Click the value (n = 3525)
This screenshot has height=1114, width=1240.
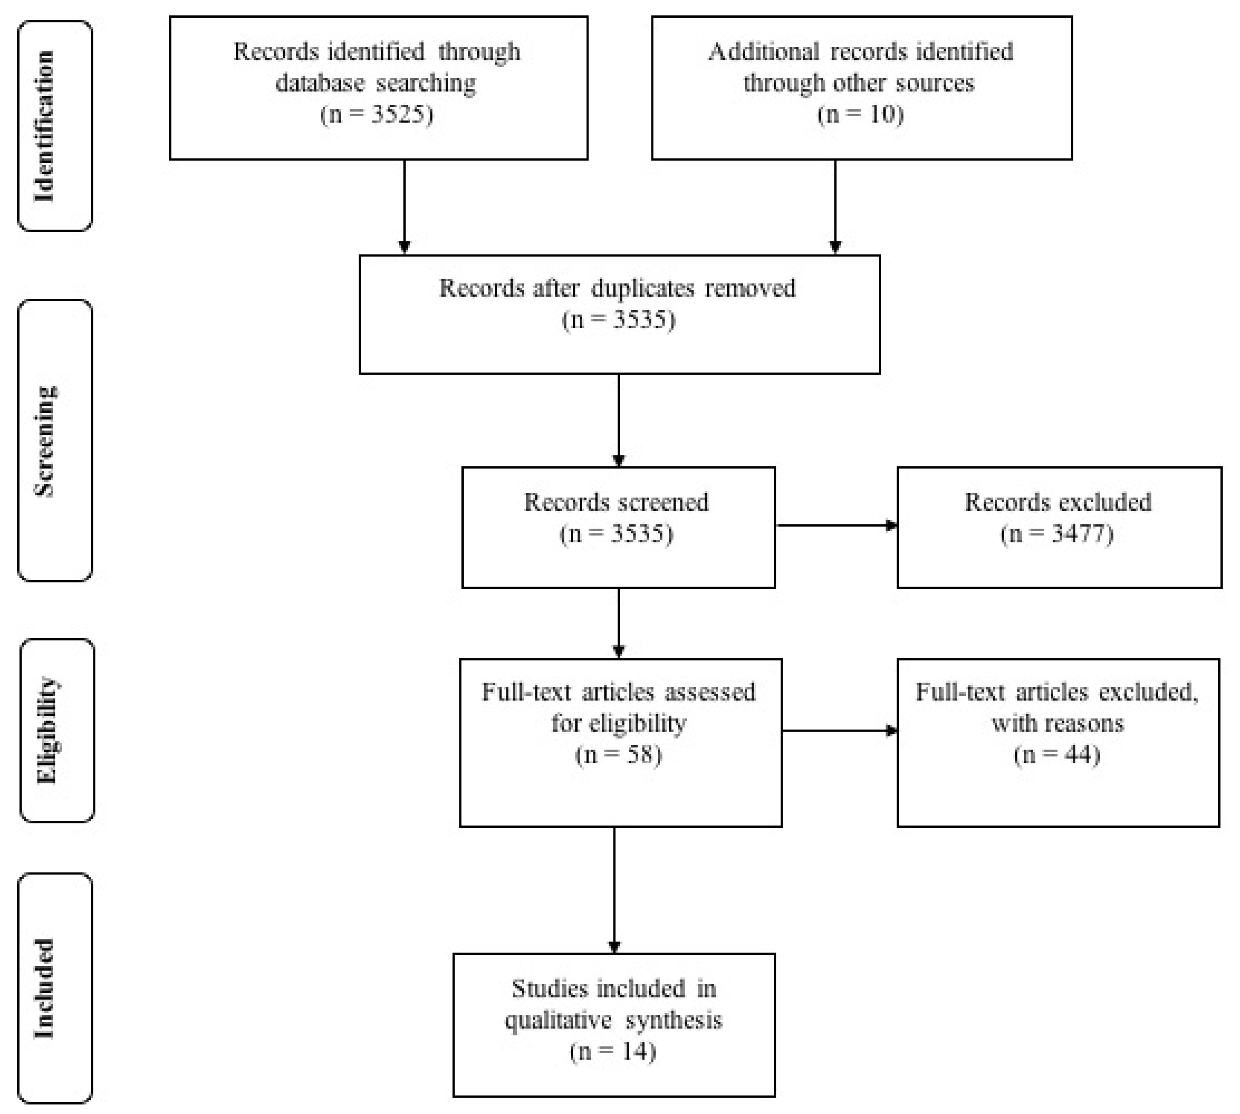[x=377, y=114]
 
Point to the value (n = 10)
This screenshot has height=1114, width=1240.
[x=860, y=114]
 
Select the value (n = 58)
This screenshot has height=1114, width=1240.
[x=618, y=754]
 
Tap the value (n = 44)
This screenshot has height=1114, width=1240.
[x=1057, y=754]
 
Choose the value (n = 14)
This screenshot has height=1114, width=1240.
[x=613, y=1051]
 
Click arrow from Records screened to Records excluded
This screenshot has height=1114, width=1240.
[x=836, y=525]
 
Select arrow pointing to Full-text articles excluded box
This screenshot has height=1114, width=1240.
[x=839, y=730]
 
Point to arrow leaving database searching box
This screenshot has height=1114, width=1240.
[x=404, y=205]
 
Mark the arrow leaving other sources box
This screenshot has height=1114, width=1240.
[x=835, y=205]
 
